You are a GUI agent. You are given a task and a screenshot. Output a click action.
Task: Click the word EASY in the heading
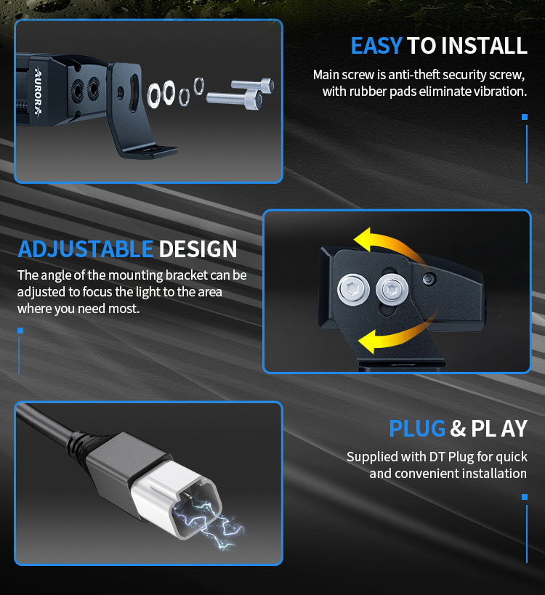[x=376, y=46]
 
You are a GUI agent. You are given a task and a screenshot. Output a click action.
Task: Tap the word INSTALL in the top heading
[x=484, y=46]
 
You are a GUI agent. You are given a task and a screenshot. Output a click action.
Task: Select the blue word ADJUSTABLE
[x=86, y=249]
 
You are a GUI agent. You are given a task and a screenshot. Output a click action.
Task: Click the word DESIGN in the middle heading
[x=198, y=249]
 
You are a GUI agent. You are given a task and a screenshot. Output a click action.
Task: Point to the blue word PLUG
[x=417, y=429]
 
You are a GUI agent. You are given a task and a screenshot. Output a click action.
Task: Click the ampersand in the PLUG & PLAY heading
[x=458, y=429]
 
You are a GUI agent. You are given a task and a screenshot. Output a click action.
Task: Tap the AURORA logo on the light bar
[x=39, y=91]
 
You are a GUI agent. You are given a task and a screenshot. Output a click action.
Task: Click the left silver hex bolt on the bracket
[x=353, y=289]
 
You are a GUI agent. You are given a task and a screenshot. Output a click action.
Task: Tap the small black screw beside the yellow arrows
[x=429, y=279]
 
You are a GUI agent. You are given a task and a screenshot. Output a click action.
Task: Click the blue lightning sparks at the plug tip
[x=207, y=522]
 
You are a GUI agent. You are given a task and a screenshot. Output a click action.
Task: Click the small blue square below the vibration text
[x=525, y=117]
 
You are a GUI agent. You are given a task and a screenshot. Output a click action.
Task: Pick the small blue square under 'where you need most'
[x=20, y=331]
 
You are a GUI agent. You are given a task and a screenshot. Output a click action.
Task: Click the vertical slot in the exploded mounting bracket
[x=134, y=93]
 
